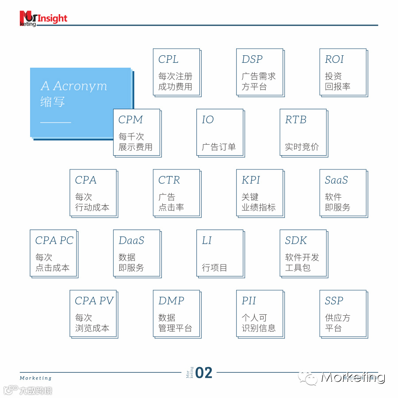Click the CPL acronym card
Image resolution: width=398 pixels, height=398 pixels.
point(176,72)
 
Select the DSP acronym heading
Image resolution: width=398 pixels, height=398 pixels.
point(252,59)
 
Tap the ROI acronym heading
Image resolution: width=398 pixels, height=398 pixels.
point(334,59)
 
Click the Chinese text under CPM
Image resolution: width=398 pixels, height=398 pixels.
point(135,142)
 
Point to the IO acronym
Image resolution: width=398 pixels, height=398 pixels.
point(208,120)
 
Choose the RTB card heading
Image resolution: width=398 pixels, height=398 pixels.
point(296,120)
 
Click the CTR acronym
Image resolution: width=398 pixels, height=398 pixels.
point(169,180)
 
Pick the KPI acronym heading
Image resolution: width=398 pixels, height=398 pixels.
point(251,180)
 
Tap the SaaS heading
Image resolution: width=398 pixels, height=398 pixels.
point(337,180)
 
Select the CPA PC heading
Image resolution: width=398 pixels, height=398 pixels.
point(54,241)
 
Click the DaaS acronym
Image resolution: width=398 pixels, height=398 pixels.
point(131,241)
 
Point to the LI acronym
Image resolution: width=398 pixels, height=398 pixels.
point(207,241)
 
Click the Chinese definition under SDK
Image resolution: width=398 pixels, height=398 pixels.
point(302,262)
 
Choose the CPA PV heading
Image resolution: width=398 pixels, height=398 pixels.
point(94,301)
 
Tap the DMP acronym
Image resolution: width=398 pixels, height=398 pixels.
point(171,301)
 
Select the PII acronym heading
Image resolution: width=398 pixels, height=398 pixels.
point(249,301)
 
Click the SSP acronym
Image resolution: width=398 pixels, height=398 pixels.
point(334,301)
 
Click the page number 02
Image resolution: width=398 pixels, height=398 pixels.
point(204,373)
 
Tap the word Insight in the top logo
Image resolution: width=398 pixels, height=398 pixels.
point(53,18)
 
